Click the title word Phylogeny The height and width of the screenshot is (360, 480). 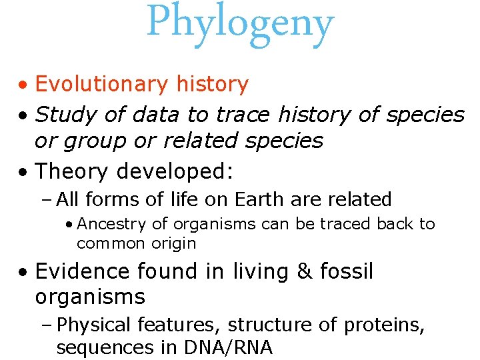pyautogui.click(x=240, y=24)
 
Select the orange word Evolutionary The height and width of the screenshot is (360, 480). pyautogui.click(x=102, y=85)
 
